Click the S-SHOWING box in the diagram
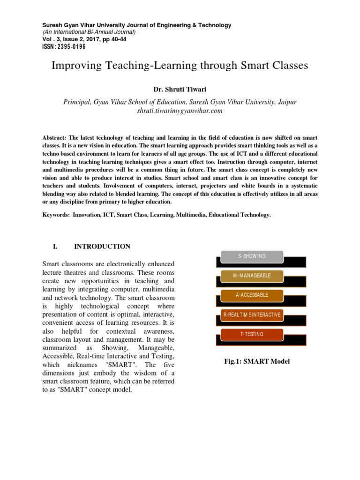click(252, 256)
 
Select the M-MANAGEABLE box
click(252, 276)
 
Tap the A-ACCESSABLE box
click(252, 295)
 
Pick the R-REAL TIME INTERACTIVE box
click(252, 315)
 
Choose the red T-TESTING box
click(252, 334)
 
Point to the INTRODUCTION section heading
click(102, 247)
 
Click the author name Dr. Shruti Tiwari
click(180, 88)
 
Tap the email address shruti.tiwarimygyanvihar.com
click(180, 111)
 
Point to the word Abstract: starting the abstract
click(54, 138)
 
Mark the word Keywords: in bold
click(56, 215)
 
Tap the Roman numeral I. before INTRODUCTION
click(55, 247)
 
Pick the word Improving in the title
click(75, 66)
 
